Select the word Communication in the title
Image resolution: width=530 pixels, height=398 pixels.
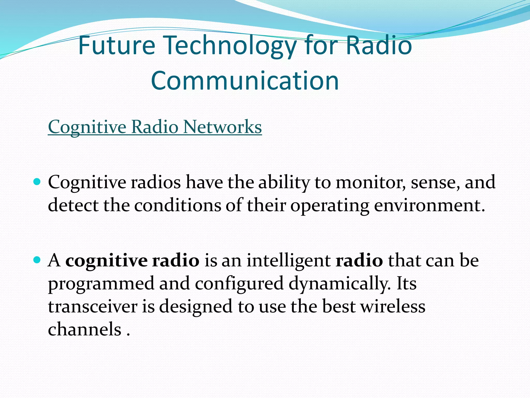click(245, 81)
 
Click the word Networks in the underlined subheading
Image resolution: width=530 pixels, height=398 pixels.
click(223, 127)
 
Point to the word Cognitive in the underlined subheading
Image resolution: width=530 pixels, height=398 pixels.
click(87, 127)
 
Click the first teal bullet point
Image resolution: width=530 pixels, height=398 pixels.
click(37, 182)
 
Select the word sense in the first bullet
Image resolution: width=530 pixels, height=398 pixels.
click(435, 182)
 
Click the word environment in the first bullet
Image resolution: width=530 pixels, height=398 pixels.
click(429, 205)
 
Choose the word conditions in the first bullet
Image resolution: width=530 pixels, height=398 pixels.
click(178, 205)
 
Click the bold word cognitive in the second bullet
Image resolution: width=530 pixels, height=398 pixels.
click(106, 261)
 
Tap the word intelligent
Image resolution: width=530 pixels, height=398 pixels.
click(288, 261)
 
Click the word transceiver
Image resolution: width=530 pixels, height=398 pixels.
click(93, 307)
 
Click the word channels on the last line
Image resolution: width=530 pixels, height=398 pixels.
click(85, 329)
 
